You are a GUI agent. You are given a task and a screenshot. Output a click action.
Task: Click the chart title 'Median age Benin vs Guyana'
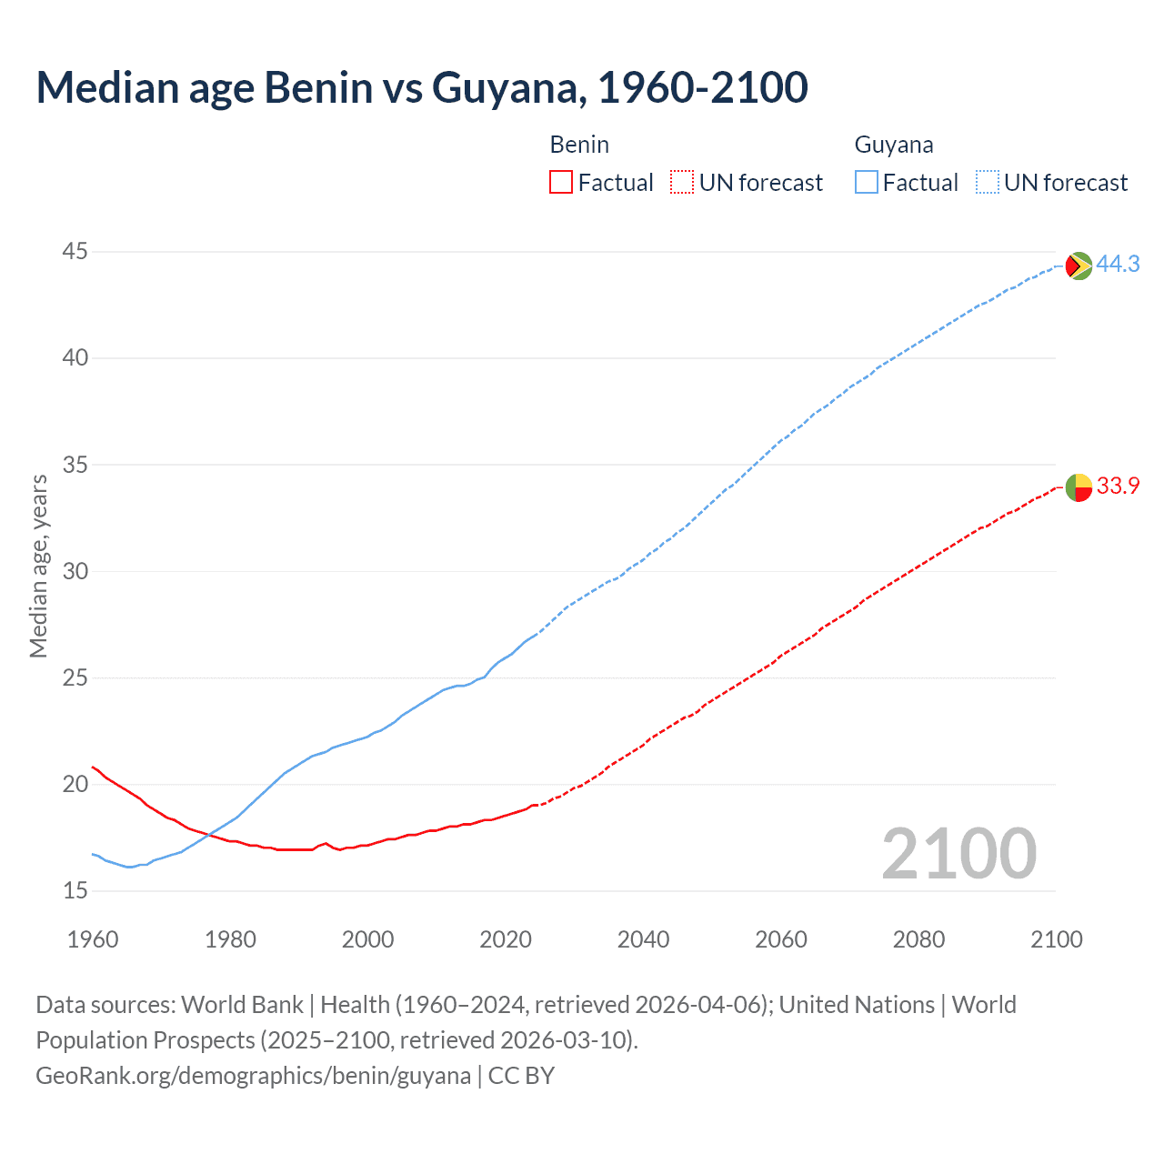[421, 87]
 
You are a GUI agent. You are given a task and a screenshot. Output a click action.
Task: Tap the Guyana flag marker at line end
[1079, 266]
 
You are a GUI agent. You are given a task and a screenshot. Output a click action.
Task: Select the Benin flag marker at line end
[1079, 487]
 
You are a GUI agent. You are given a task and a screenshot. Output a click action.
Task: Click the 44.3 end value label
[1118, 264]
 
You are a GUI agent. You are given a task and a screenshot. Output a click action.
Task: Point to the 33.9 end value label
[1118, 486]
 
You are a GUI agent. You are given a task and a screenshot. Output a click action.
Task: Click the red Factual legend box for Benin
[561, 183]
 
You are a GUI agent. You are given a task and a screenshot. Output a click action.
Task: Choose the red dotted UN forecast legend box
[682, 183]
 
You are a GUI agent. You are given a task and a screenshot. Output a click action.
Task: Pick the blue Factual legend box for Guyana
[866, 183]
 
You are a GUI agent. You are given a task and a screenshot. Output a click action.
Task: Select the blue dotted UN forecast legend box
[987, 183]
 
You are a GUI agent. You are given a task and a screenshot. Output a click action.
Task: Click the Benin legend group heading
[579, 145]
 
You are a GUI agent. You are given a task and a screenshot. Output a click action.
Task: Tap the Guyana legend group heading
[894, 145]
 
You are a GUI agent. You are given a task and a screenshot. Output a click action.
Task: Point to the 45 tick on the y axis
[75, 251]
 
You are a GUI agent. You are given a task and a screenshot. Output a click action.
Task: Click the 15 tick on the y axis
[75, 890]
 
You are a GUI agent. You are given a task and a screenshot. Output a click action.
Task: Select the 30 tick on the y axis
[75, 571]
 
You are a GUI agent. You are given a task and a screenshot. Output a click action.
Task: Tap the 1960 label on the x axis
[93, 939]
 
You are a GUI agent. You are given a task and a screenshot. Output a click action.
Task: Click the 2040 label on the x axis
[643, 939]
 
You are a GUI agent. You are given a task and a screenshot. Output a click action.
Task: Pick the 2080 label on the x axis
[918, 939]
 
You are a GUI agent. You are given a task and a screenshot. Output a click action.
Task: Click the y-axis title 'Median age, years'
[38, 566]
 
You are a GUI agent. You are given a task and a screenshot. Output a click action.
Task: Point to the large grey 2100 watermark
[958, 853]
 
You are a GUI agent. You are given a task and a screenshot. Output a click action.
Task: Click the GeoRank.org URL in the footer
[253, 1076]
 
